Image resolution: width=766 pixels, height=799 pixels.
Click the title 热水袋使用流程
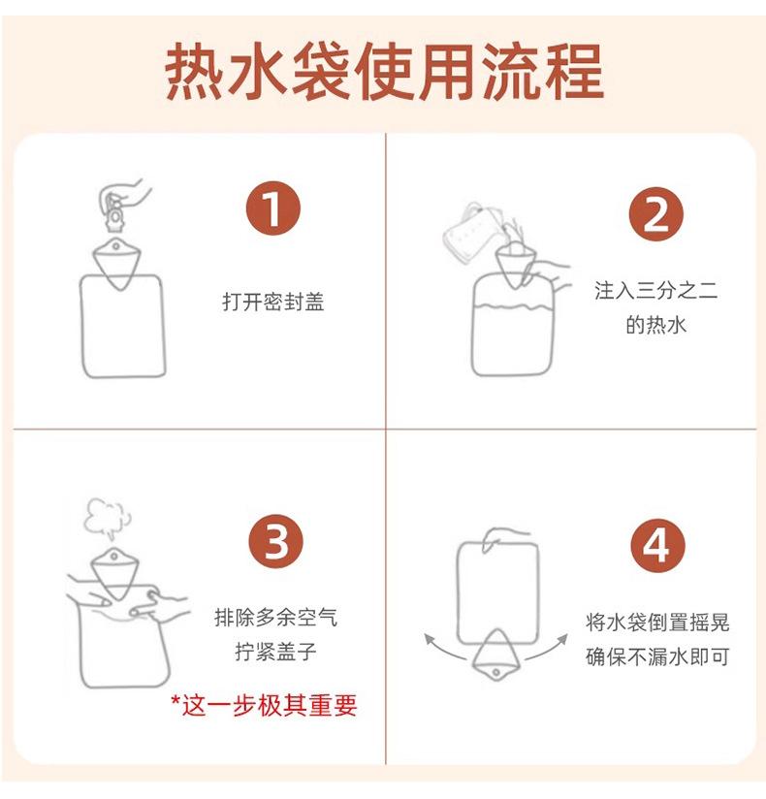click(x=385, y=71)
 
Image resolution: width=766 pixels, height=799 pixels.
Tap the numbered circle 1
click(x=273, y=208)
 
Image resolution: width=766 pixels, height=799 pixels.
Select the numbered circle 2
click(x=655, y=213)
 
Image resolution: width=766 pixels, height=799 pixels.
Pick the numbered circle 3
click(x=275, y=541)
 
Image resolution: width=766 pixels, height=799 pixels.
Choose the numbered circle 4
click(x=657, y=545)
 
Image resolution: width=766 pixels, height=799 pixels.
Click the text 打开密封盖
click(x=273, y=302)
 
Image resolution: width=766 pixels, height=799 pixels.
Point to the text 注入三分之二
click(x=655, y=291)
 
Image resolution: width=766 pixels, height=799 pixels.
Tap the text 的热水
click(x=655, y=324)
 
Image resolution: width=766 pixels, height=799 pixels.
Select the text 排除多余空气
click(x=275, y=618)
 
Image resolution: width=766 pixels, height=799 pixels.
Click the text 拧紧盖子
click(x=275, y=652)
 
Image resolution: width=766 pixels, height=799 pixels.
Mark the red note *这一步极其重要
click(x=264, y=705)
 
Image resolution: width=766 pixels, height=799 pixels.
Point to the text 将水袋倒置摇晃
click(x=657, y=623)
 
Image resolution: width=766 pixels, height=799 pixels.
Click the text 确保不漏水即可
click(x=657, y=656)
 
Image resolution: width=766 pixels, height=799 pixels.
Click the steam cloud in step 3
click(x=107, y=516)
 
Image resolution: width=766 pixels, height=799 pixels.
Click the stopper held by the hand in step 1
click(x=114, y=215)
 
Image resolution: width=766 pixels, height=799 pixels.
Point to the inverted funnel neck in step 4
click(x=495, y=655)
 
